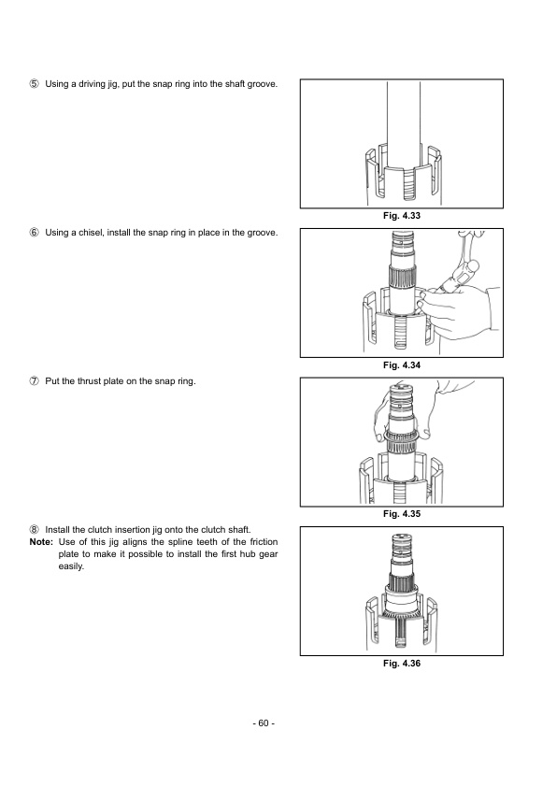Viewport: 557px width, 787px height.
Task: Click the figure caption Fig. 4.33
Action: [x=402, y=217]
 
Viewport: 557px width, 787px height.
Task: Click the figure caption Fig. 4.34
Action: [x=402, y=365]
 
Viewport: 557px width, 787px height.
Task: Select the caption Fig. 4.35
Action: [x=402, y=514]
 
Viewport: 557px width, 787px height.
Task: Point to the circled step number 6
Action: [x=35, y=232]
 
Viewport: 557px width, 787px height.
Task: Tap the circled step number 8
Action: [x=35, y=529]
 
